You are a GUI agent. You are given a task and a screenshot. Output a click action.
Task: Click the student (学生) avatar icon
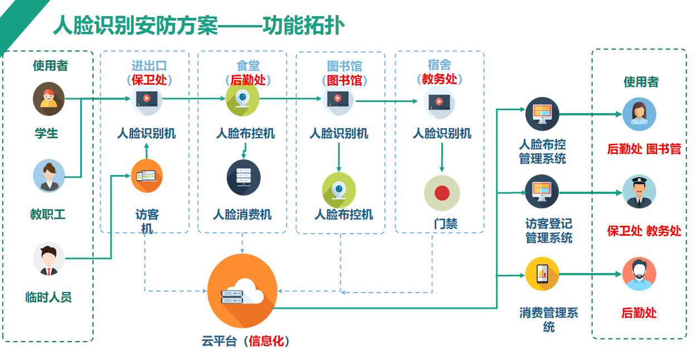tap(48, 99)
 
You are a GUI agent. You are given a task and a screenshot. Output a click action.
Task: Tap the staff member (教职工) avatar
tap(49, 176)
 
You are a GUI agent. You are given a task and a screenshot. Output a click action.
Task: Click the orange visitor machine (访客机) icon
tap(147, 176)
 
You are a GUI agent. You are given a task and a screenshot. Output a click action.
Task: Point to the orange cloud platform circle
tap(242, 291)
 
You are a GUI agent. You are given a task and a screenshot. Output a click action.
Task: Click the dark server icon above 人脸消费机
tap(243, 178)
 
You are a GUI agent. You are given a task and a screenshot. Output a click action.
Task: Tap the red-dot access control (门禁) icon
tap(442, 193)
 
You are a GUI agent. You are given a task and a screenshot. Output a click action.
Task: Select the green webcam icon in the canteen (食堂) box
tap(242, 99)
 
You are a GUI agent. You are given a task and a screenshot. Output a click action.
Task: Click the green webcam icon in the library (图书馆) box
tap(339, 191)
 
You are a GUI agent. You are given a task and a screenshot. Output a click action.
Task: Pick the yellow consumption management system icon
tap(542, 274)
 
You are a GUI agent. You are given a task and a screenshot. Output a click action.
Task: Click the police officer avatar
tap(639, 192)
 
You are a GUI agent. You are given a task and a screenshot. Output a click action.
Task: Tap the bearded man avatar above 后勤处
tap(639, 274)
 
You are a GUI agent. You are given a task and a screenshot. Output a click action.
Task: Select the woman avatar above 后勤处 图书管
tap(639, 114)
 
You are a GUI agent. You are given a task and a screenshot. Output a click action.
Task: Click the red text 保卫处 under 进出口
tap(149, 80)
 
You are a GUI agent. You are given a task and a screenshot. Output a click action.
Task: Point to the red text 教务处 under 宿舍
tap(440, 79)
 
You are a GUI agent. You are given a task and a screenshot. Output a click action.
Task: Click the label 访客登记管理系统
tap(549, 231)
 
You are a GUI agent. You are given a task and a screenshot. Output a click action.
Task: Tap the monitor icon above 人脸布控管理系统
tap(542, 114)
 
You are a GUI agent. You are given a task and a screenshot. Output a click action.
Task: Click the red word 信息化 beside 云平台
tap(266, 341)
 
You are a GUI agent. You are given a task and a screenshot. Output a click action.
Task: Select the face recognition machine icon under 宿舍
tap(440, 103)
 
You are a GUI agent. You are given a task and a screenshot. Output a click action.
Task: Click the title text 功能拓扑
tap(304, 26)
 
